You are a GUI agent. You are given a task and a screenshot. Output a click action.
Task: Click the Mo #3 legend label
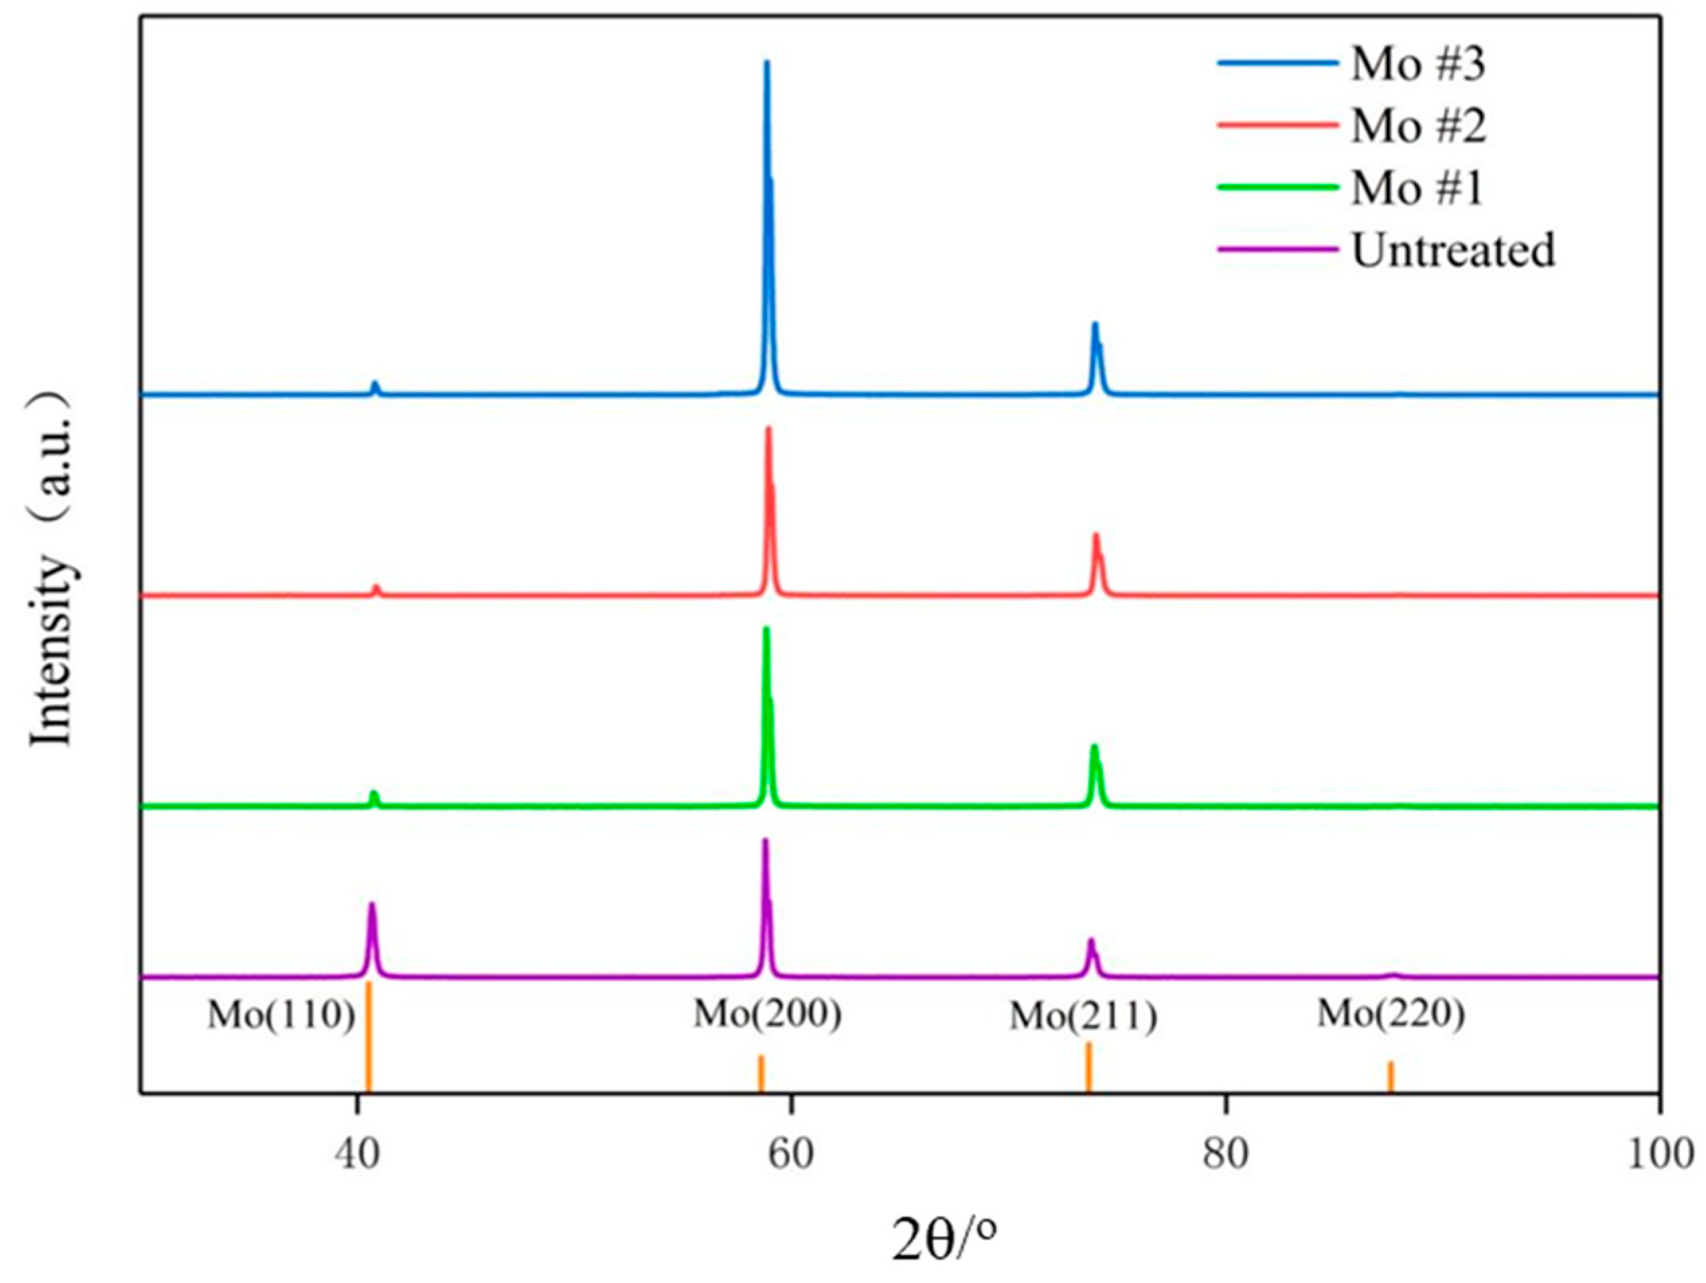coord(1418,64)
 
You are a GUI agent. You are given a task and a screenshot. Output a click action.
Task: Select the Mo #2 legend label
coord(1418,126)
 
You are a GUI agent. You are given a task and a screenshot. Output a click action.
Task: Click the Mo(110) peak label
coord(281,1016)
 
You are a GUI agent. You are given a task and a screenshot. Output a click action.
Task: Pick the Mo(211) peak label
coord(1084,1017)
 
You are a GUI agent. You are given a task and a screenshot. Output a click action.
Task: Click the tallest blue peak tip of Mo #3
coord(767,62)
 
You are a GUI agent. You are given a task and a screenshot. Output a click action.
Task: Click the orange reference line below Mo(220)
coord(1391,1076)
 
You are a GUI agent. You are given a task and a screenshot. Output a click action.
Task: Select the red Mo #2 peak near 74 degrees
coord(1095,535)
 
